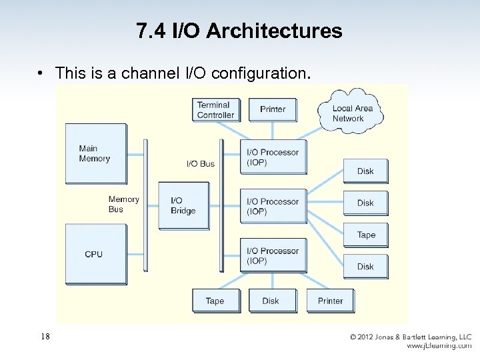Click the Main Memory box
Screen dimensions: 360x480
[x=95, y=154]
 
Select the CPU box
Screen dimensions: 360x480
[x=95, y=254]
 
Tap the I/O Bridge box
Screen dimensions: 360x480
[x=183, y=205]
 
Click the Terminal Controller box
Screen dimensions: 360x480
[x=215, y=110]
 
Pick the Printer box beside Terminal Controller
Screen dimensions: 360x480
[x=273, y=110]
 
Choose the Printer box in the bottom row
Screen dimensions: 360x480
[x=330, y=301]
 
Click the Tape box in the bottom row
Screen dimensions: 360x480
[x=215, y=301]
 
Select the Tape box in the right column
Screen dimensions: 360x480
[x=365, y=235]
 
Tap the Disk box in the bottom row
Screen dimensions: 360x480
[x=271, y=301]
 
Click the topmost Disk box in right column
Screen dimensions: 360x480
[x=365, y=171]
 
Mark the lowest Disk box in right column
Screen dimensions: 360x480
[x=365, y=266]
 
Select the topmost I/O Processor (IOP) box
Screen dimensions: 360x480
[x=273, y=157]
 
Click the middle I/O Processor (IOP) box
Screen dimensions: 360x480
[x=273, y=206]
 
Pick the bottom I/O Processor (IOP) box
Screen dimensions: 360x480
[x=273, y=255]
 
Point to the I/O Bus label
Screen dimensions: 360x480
[x=201, y=163]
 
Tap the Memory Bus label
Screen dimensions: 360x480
[x=123, y=204]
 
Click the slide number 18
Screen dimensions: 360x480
[x=45, y=337]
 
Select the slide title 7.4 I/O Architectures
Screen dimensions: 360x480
[x=239, y=31]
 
